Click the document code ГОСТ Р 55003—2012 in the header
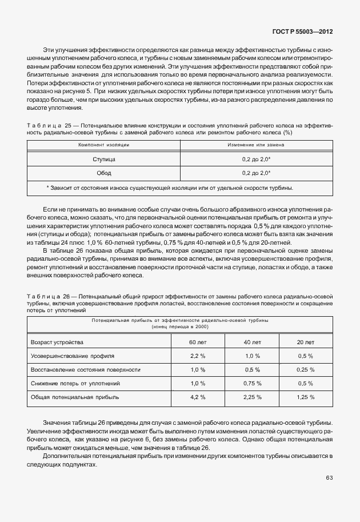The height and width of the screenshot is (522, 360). click(301, 32)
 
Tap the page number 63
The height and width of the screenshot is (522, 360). click(329, 477)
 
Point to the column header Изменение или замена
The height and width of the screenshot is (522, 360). click(256, 145)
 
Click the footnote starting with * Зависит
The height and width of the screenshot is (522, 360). click(170, 188)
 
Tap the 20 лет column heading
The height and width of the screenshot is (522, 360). click(306, 342)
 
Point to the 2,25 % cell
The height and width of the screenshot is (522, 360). click(252, 397)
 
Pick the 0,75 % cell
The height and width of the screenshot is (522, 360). click(252, 383)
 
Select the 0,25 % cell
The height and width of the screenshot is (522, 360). click(306, 369)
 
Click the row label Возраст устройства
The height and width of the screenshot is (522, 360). click(57, 342)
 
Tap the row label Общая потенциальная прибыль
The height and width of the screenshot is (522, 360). click(70, 397)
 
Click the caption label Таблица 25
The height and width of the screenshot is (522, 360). click(44, 125)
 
